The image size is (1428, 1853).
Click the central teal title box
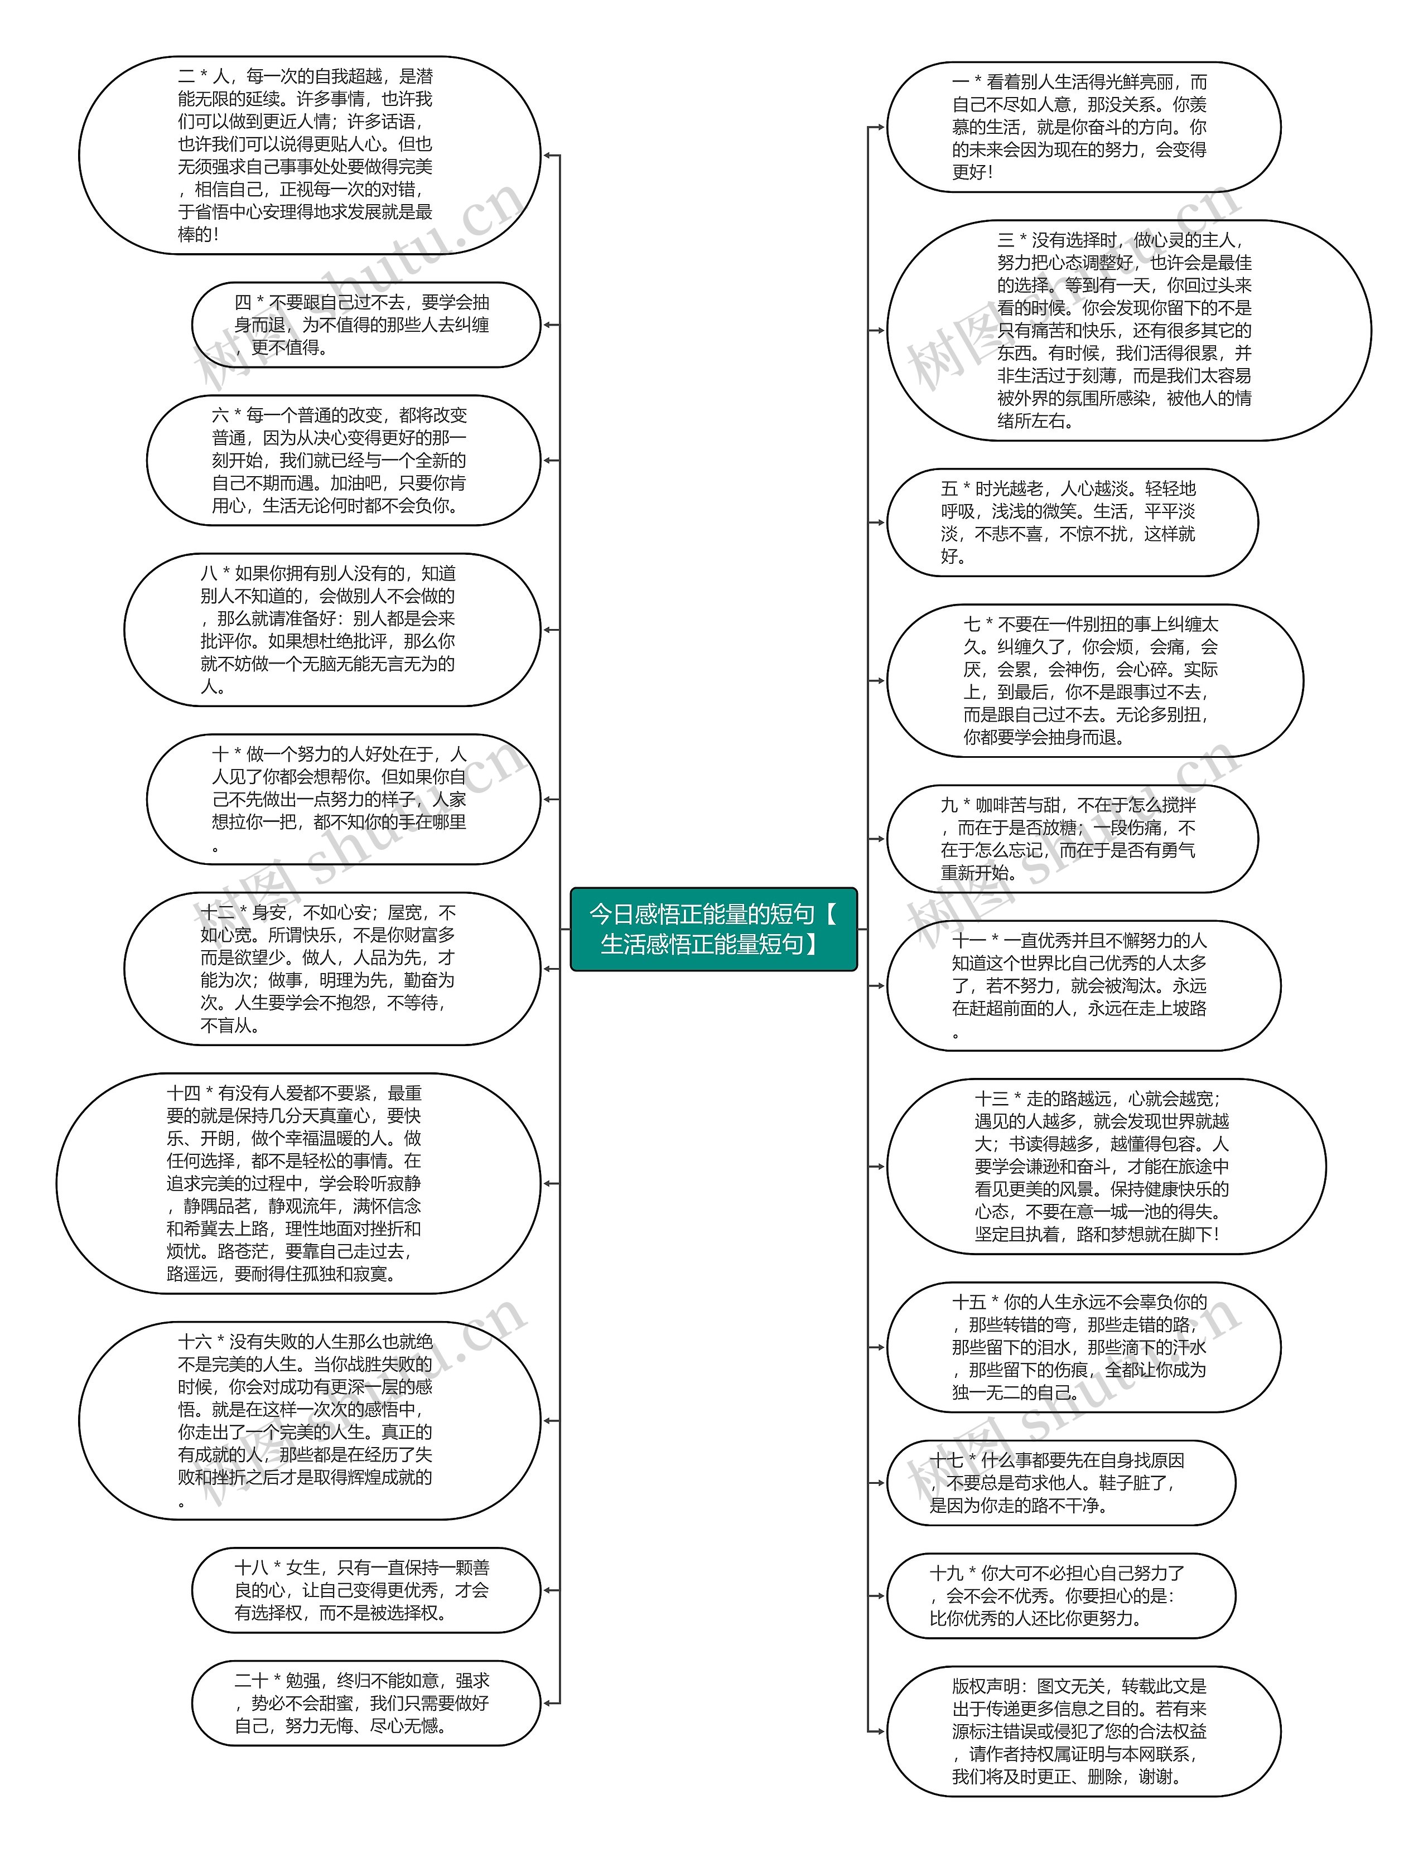click(713, 928)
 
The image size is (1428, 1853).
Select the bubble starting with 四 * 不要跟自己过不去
click(366, 325)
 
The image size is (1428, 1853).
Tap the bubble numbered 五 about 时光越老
click(1072, 522)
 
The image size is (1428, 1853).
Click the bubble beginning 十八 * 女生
click(366, 1590)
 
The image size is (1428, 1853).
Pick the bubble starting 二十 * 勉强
click(366, 1703)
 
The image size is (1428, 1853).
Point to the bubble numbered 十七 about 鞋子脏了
click(1060, 1483)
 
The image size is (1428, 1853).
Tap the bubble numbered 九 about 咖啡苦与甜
click(1072, 839)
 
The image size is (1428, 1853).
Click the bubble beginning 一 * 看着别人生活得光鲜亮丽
click(1083, 127)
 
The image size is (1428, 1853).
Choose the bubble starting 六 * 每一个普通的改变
click(343, 461)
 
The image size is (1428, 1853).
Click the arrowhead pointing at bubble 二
click(548, 156)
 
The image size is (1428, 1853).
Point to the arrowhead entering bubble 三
click(879, 330)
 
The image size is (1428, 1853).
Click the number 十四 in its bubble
click(184, 1094)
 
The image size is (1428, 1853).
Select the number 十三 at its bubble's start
click(991, 1099)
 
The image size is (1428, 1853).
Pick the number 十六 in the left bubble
click(194, 1342)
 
